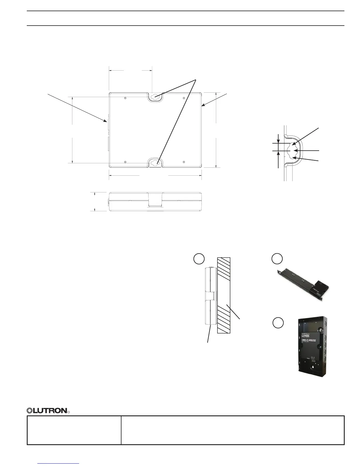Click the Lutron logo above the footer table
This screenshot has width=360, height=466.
tap(47, 410)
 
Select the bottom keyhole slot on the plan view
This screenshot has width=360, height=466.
tap(155, 162)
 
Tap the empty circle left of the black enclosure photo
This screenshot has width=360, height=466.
tap(278, 323)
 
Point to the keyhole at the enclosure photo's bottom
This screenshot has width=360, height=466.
tap(313, 367)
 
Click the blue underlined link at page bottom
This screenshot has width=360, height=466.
tap(59, 464)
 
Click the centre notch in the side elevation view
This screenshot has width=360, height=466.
tap(155, 199)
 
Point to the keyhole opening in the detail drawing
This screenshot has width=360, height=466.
tap(292, 151)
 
